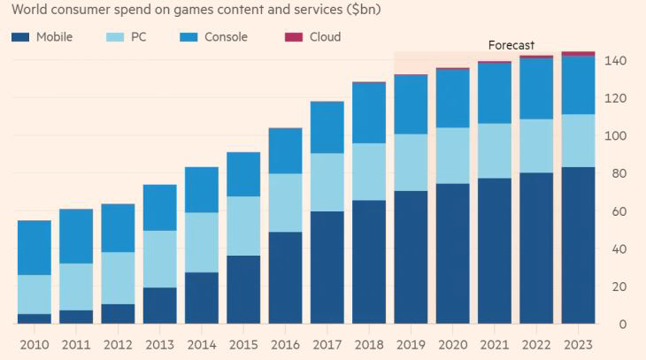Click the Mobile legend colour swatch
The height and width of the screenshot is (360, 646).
tap(20, 37)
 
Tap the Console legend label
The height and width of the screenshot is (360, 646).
tap(226, 37)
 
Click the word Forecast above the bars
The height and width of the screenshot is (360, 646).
tap(511, 45)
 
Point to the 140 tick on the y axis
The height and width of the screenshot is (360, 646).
tap(616, 61)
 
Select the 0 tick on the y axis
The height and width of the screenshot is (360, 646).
tap(623, 325)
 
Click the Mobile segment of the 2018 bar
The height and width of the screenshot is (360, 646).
tap(369, 262)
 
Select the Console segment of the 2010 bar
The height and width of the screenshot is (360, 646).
tap(34, 248)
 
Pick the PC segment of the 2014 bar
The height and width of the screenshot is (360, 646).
tap(202, 242)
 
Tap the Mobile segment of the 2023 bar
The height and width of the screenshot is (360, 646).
tap(578, 245)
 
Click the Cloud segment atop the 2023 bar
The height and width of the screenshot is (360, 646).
tap(578, 53)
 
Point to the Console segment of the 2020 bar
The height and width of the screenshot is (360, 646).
tap(452, 98)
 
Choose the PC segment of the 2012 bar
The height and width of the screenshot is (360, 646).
tap(118, 278)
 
